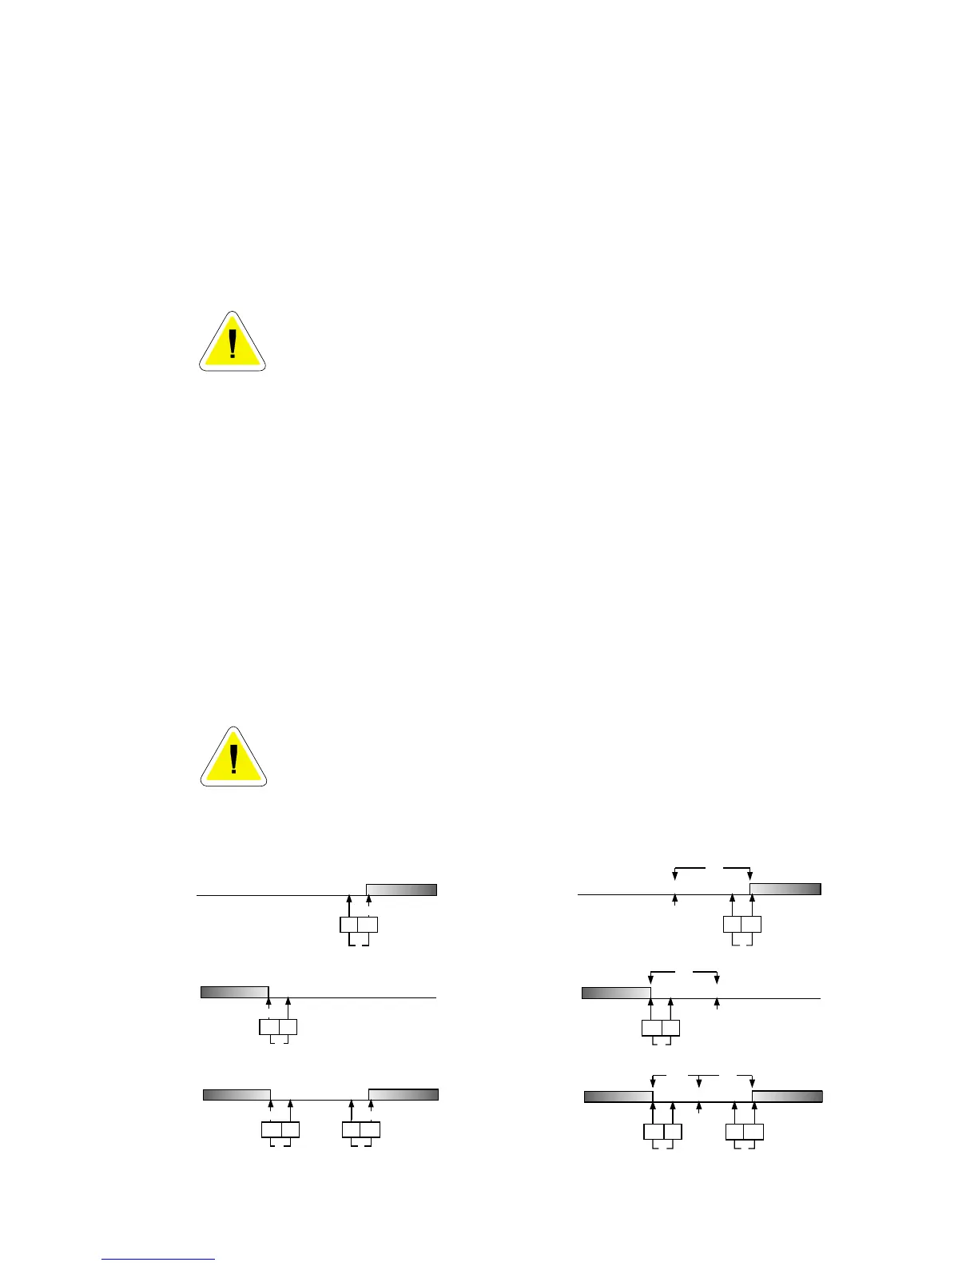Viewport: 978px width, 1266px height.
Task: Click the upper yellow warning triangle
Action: [x=232, y=344]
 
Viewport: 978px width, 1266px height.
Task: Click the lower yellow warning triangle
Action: [x=233, y=759]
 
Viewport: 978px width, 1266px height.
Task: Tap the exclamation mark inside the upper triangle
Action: [x=233, y=344]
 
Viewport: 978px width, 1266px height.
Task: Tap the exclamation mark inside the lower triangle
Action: [x=233, y=760]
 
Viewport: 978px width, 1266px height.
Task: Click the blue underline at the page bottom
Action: [x=159, y=1259]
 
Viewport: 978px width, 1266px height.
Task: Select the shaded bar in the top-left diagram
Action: [x=401, y=890]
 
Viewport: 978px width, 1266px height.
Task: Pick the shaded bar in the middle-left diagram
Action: [x=233, y=992]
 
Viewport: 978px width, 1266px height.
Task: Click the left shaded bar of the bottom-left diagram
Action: [x=237, y=1094]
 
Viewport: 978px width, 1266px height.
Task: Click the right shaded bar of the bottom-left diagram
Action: [x=403, y=1094]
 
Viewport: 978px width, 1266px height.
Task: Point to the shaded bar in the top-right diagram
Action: [x=785, y=889]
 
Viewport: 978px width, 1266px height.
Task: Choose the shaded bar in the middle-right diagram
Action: [x=615, y=993]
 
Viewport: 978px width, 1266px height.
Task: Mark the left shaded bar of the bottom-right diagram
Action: [x=618, y=1097]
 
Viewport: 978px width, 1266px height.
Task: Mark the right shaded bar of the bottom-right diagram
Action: [x=787, y=1097]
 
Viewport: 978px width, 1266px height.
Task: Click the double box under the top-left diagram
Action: [x=358, y=925]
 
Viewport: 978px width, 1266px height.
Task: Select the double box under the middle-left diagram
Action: [x=278, y=1027]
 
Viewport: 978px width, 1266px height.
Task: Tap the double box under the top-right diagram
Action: [x=741, y=925]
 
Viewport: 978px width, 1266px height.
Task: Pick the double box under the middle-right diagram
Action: [x=661, y=1028]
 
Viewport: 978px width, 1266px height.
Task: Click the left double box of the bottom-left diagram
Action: [x=280, y=1129]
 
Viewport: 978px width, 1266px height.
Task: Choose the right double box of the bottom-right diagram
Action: [x=744, y=1132]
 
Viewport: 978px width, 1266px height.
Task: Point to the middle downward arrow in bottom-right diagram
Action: [x=699, y=1081]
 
